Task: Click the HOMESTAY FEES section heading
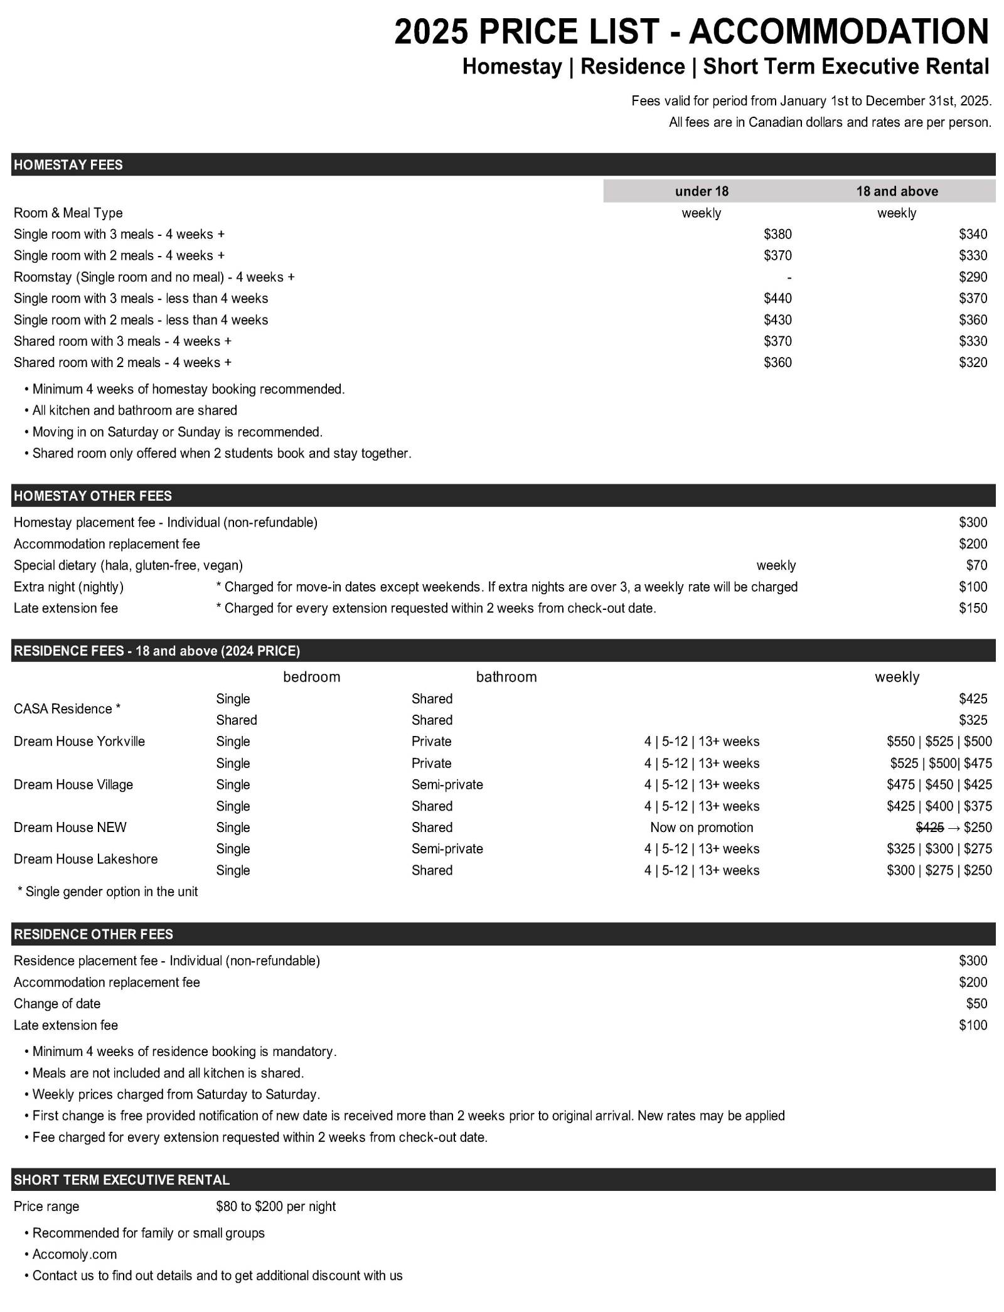[x=68, y=165]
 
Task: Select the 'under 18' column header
[x=702, y=191]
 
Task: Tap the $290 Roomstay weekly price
[x=973, y=277]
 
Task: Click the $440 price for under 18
[x=777, y=298]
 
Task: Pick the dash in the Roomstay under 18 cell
[x=789, y=277]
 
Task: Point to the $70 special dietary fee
[x=976, y=565]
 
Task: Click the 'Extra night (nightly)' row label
[x=68, y=587]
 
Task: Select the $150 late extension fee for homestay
[x=973, y=608]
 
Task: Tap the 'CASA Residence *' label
[x=67, y=709]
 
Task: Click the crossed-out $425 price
[x=930, y=828]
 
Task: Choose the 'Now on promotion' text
[x=702, y=828]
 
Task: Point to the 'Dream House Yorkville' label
[x=79, y=742]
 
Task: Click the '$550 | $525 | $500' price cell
[x=939, y=742]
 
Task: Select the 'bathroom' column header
[x=506, y=677]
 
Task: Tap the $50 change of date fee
[x=976, y=1004]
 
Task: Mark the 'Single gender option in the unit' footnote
[x=111, y=892]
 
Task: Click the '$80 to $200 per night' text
[x=275, y=1207]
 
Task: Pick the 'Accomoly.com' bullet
[x=74, y=1254]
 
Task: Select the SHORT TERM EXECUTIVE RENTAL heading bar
[x=122, y=1180]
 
